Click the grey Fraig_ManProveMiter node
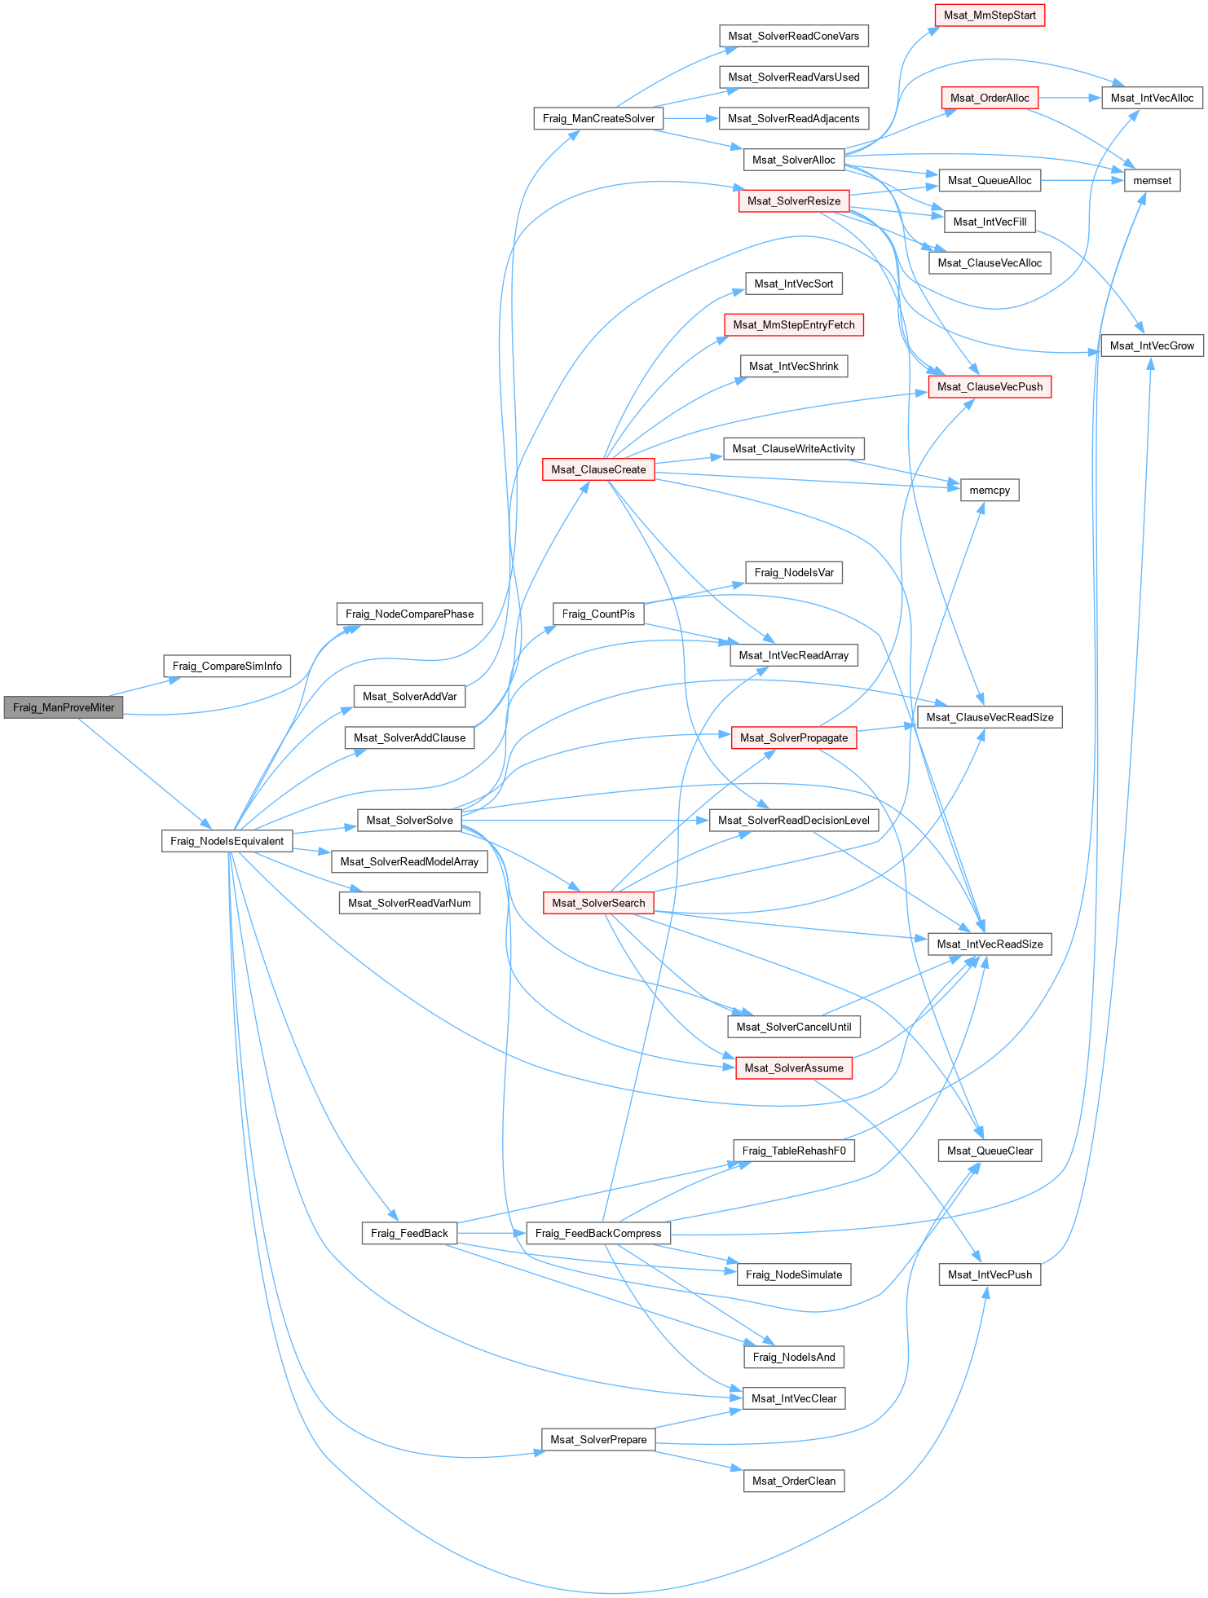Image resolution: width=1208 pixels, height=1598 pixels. [x=64, y=707]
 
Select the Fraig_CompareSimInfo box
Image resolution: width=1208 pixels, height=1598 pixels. [x=227, y=666]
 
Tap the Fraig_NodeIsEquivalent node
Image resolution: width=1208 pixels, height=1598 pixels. [x=227, y=841]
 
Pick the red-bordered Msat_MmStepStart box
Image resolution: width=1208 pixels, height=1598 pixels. [x=990, y=15]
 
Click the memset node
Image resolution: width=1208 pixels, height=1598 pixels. [x=1152, y=181]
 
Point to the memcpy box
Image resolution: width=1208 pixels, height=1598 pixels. [x=990, y=491]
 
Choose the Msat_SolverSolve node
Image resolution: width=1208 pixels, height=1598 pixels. [x=409, y=821]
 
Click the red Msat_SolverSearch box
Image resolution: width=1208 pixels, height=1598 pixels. [x=598, y=903]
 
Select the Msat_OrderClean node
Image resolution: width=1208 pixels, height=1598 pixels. [x=794, y=1481]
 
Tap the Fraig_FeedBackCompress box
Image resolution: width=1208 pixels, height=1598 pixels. [x=598, y=1233]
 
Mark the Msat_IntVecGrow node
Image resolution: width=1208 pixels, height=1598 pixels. [x=1152, y=346]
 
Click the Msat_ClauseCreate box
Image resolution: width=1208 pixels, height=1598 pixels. [x=598, y=469]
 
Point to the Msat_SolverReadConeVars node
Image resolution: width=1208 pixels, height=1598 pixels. [x=794, y=36]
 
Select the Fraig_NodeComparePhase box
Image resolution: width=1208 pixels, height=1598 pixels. [x=409, y=614]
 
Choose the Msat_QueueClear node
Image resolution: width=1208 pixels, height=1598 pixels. [x=990, y=1151]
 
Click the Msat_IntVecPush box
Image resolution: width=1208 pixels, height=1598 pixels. [x=990, y=1274]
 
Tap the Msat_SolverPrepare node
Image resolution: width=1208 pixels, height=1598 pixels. [x=598, y=1440]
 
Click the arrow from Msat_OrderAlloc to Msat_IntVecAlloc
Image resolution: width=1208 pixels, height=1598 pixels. [x=1070, y=98]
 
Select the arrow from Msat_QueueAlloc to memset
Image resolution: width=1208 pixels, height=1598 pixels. [x=1082, y=181]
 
